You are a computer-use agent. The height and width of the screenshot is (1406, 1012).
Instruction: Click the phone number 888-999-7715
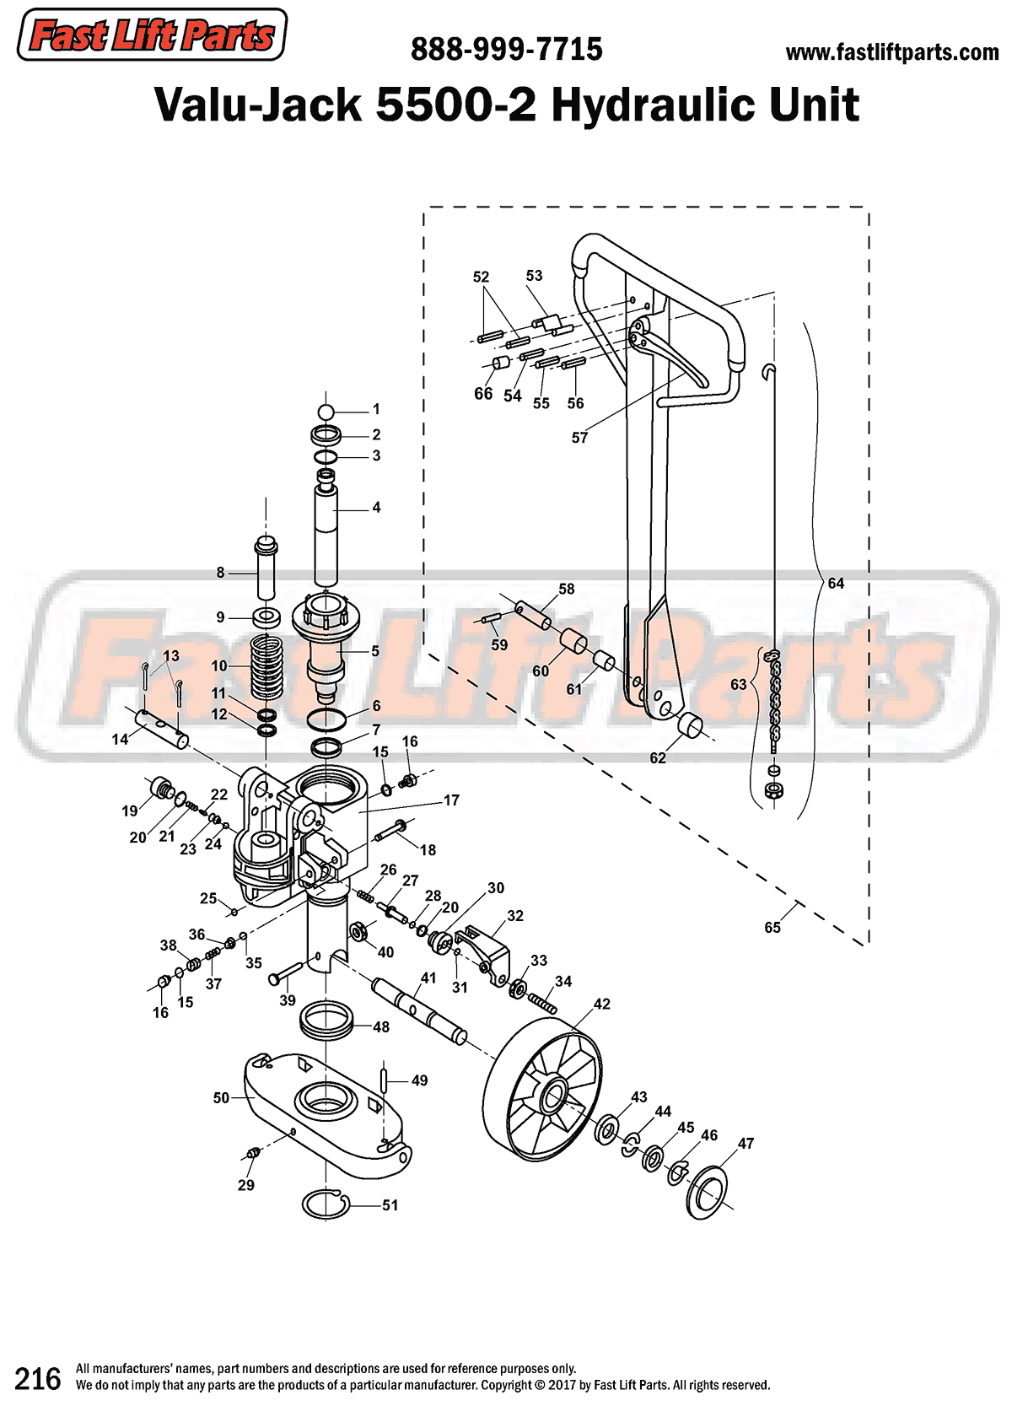coord(506,50)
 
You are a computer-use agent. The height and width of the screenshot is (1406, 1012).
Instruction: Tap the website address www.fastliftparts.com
coord(891,52)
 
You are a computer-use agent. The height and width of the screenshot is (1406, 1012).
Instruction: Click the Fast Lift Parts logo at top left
coord(152,35)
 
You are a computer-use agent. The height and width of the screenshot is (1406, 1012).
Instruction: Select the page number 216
coord(38,1379)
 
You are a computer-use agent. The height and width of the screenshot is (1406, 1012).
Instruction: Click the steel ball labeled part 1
coord(326,412)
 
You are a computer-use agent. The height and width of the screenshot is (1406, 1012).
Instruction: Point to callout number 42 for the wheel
coord(601,1004)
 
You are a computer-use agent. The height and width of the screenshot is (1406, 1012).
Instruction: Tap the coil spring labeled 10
coord(268,666)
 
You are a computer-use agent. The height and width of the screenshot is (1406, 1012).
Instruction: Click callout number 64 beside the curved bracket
coord(835,583)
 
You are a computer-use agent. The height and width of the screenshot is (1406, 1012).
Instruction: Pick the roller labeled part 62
coord(692,725)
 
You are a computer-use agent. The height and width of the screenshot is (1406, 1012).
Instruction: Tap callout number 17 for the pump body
coord(451,800)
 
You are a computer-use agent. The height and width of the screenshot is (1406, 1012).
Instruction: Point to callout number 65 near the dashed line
coord(772,927)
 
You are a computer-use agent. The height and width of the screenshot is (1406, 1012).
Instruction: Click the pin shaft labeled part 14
coord(163,730)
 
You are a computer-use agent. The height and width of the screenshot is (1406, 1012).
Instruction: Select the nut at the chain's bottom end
coord(772,790)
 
